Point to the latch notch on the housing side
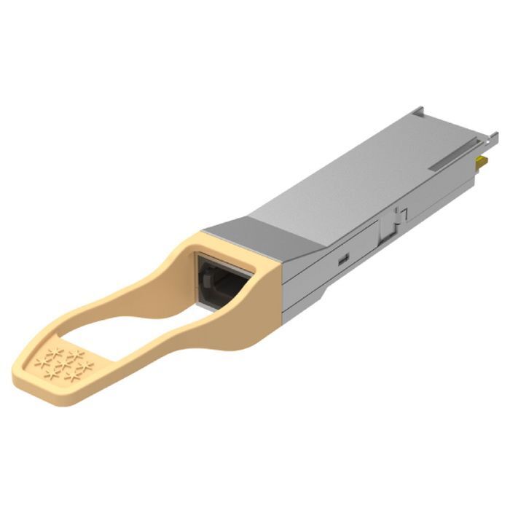click(394, 219)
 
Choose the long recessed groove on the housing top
click(452, 158)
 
